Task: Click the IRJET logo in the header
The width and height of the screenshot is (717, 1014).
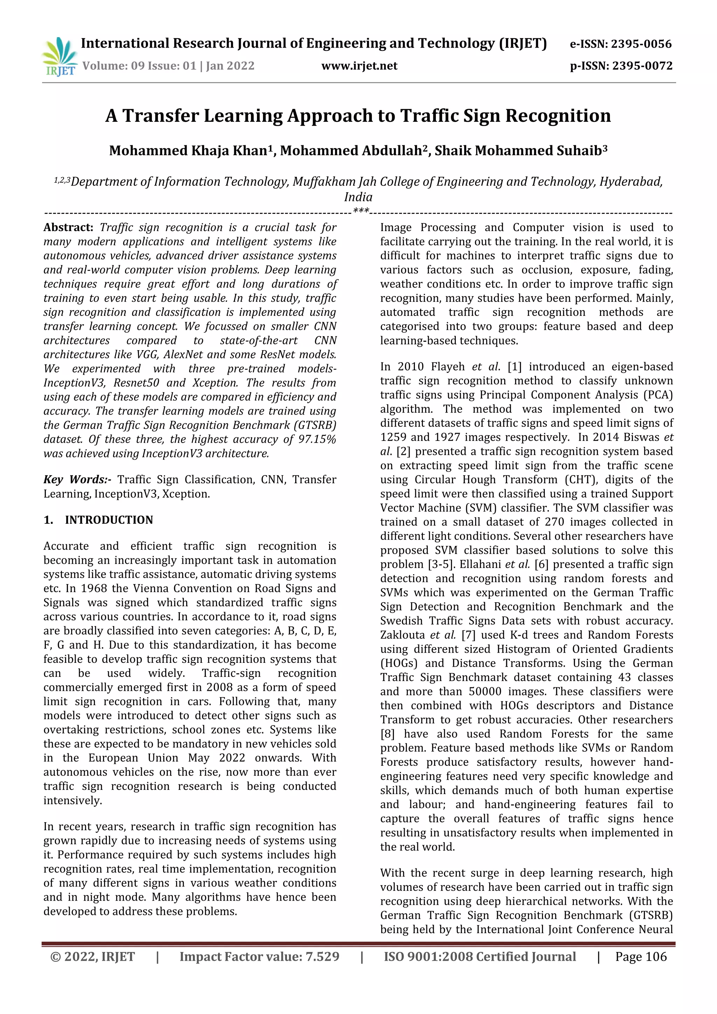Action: [x=60, y=56]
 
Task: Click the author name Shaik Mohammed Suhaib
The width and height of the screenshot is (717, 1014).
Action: [x=520, y=151]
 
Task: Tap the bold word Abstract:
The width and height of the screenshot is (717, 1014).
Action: [x=68, y=228]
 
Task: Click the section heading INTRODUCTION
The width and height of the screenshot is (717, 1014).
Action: [x=109, y=520]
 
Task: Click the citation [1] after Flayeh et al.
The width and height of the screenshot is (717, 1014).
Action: [x=514, y=367]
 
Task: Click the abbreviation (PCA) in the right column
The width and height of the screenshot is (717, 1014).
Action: [x=658, y=395]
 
